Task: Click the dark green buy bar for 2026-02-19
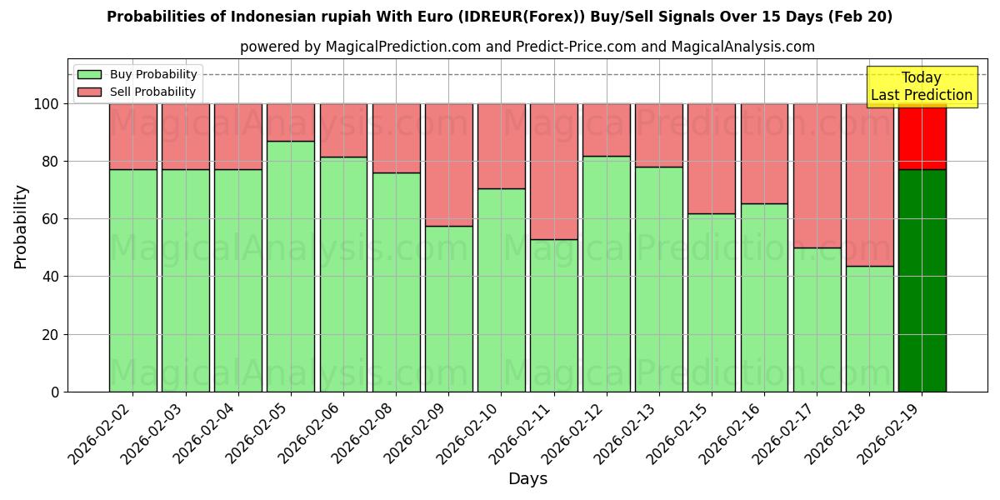(922, 280)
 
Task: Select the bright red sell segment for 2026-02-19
(922, 137)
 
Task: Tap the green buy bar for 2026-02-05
(291, 266)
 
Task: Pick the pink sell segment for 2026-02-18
(869, 185)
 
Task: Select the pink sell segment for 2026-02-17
(817, 176)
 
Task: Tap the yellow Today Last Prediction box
(922, 87)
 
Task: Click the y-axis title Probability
(21, 226)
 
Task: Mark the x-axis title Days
(527, 479)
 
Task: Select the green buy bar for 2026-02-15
(712, 302)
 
